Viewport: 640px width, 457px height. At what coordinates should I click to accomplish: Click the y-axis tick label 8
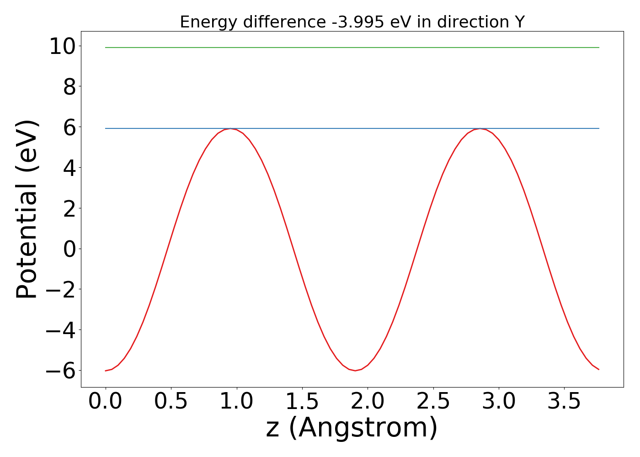coord(69,87)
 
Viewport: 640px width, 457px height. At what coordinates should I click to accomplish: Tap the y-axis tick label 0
coord(69,249)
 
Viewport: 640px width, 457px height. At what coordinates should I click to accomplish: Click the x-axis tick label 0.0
coord(105,402)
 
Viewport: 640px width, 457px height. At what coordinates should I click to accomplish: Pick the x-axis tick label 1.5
coord(302,402)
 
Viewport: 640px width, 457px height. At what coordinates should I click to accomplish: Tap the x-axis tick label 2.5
coord(433,402)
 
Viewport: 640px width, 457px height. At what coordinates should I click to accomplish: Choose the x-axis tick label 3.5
coord(564,402)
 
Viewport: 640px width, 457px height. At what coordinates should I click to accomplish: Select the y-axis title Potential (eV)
coord(27,209)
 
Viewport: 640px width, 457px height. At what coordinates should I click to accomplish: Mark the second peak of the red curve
coord(480,128)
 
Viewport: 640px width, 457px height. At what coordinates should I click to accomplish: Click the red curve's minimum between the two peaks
coord(355,370)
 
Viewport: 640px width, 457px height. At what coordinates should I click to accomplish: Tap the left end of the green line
coord(106,48)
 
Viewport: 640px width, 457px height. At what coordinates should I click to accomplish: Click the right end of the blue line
coord(599,128)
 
